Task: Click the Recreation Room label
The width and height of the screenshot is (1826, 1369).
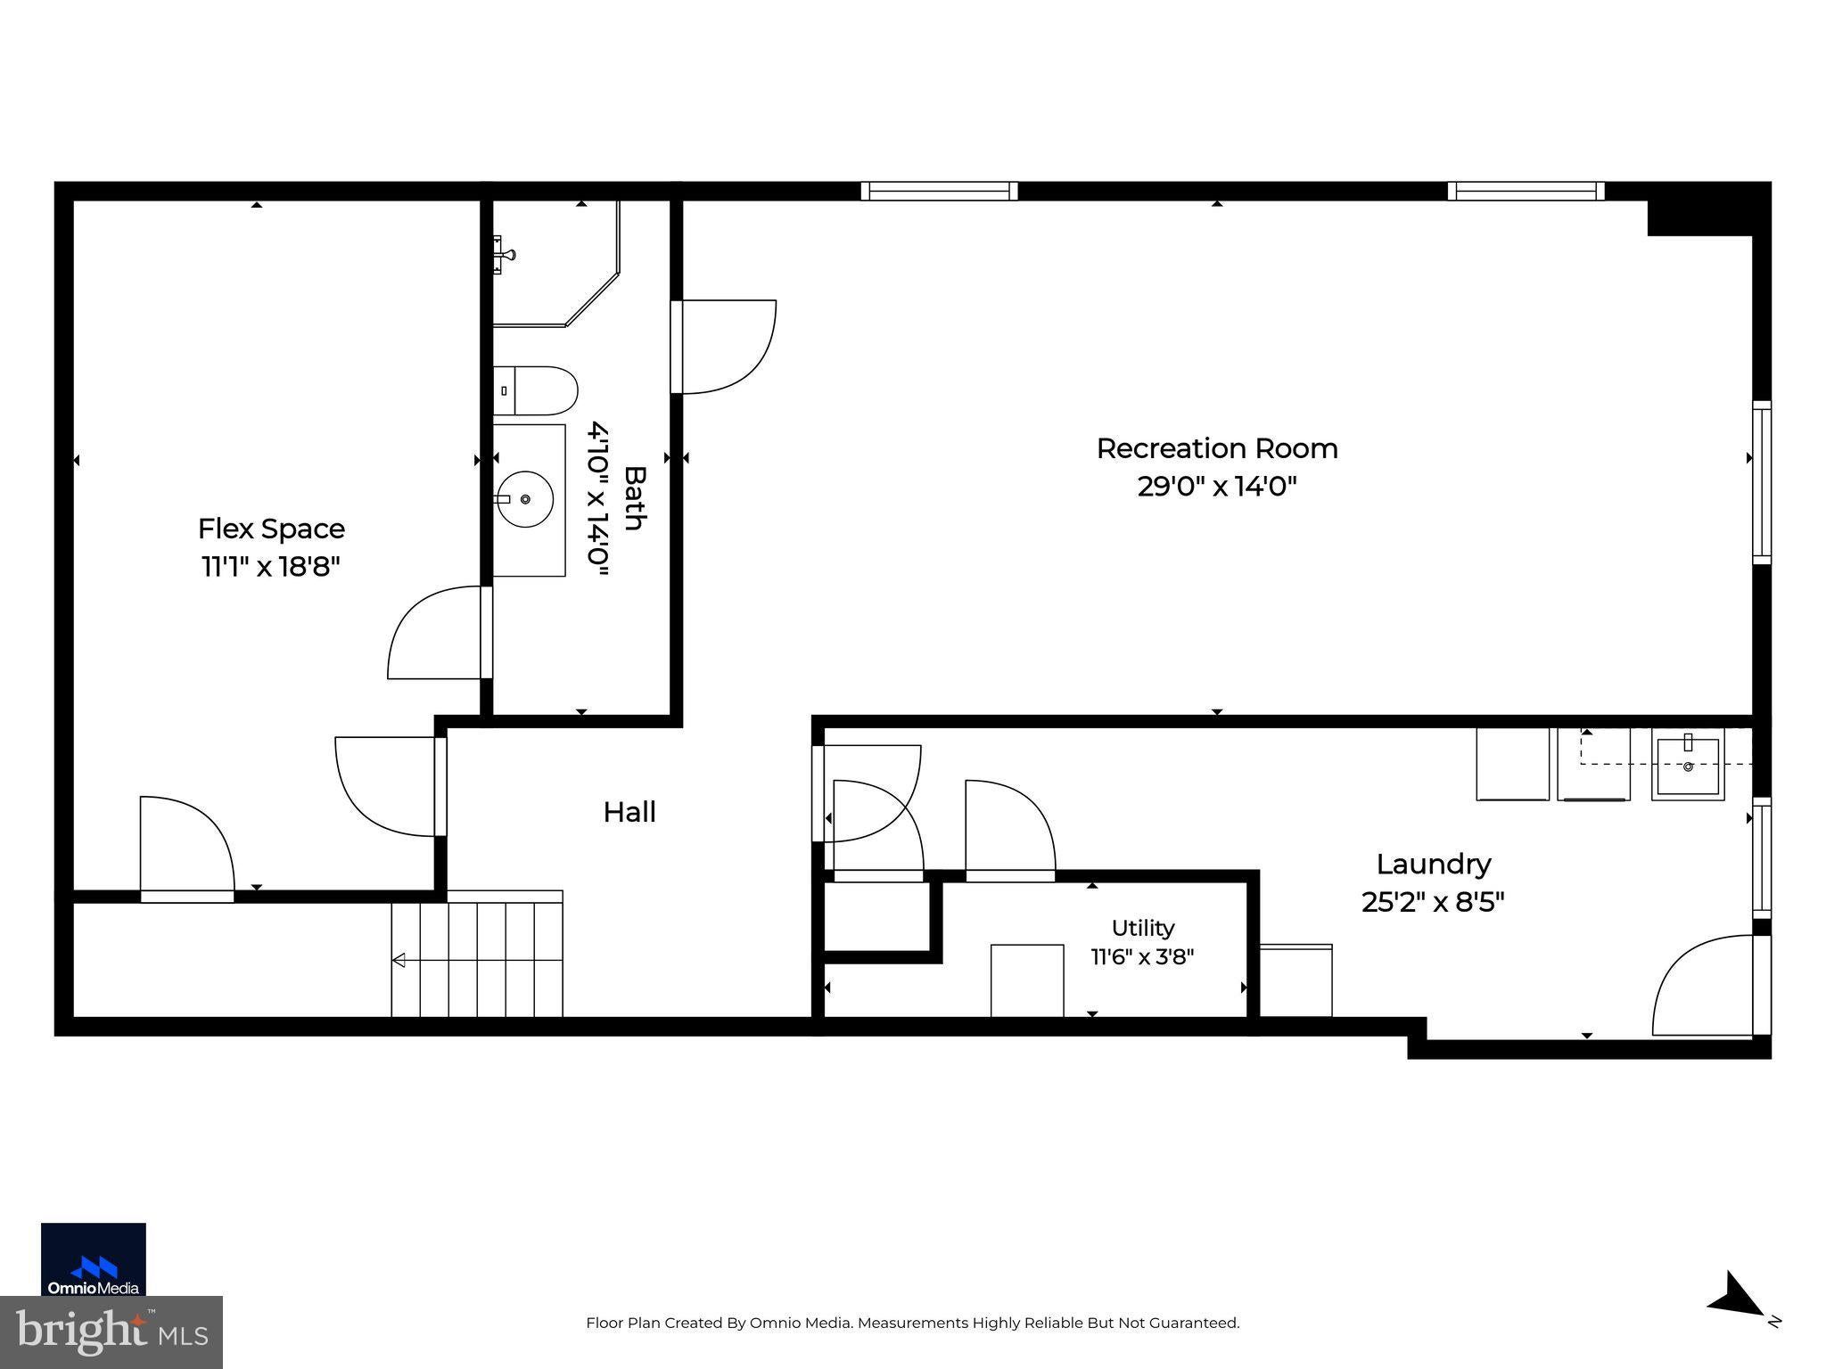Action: point(1217,448)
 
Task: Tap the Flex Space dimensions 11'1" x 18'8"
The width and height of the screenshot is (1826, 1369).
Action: point(271,567)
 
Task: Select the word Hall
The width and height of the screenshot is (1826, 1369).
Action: point(629,812)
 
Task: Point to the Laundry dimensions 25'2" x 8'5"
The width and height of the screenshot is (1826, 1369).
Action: point(1433,902)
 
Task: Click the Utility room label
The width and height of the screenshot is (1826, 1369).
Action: point(1143,928)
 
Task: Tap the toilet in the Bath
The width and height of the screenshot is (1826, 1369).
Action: point(535,390)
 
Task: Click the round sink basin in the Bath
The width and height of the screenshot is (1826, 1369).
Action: point(525,499)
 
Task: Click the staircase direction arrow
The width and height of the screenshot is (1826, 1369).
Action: point(477,960)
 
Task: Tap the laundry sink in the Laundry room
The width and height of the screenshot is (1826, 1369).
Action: point(1688,765)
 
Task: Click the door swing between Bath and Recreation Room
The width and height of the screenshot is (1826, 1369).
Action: point(724,347)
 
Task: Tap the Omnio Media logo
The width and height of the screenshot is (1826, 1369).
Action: point(94,1258)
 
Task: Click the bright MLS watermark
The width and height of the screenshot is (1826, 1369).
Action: point(111,1332)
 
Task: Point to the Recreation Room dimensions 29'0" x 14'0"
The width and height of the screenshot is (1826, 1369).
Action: point(1217,487)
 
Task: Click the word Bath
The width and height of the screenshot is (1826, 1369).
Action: point(634,498)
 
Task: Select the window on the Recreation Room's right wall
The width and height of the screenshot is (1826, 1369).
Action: point(1762,482)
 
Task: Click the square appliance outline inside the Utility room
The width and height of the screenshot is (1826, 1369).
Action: point(1027,980)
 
